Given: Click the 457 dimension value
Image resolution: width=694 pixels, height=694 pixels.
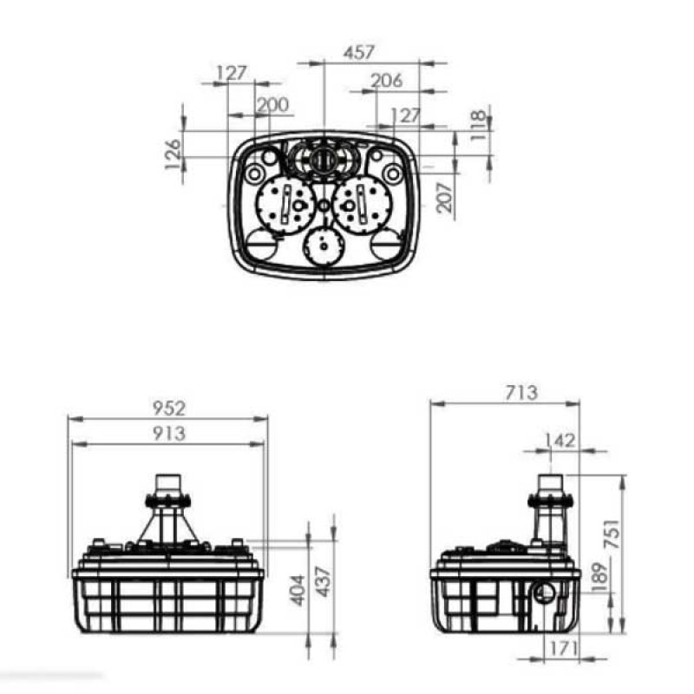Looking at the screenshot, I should point(359,52).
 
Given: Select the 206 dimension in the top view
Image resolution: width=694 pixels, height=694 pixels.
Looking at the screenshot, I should point(386,81).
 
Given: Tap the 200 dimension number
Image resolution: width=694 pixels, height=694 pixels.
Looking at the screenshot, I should point(272,105).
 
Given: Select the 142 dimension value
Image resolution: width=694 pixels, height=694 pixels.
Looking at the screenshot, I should point(561,441).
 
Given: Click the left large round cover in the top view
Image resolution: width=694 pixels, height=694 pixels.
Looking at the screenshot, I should point(285,205).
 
